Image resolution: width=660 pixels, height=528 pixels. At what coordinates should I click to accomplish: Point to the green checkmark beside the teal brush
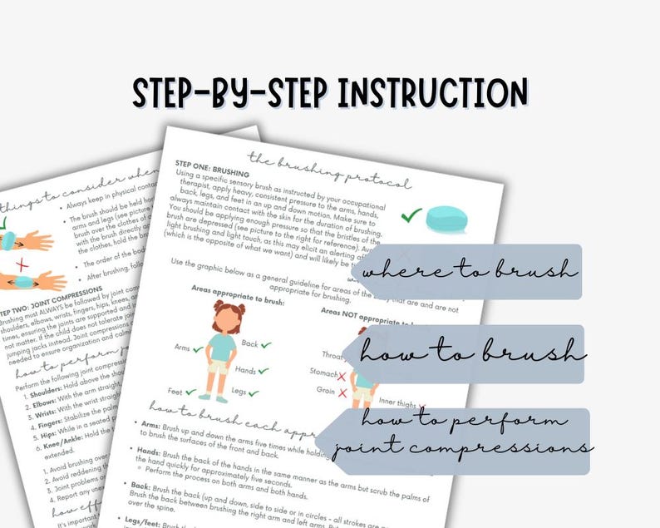(x=411, y=215)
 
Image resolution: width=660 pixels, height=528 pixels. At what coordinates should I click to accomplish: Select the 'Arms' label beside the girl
(x=182, y=347)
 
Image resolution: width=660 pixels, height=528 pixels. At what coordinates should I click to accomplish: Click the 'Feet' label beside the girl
(x=174, y=390)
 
